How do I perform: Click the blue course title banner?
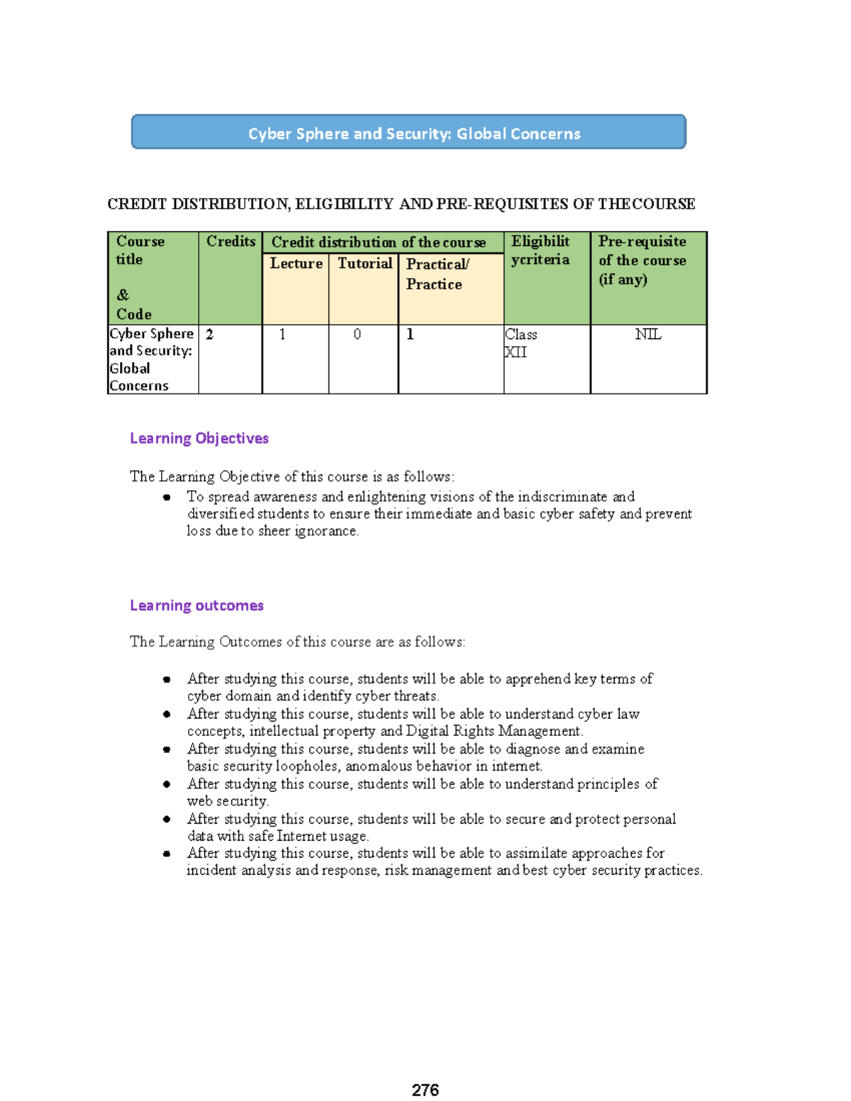(408, 133)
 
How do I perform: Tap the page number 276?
(425, 1090)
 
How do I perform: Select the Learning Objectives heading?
(199, 438)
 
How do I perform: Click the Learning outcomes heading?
(196, 605)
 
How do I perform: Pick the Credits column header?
(230, 242)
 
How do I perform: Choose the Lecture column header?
(296, 264)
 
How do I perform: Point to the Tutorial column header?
(365, 264)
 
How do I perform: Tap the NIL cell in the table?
(648, 335)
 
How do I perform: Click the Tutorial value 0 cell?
(357, 335)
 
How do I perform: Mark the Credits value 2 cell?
(210, 335)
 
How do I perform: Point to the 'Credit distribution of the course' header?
(379, 242)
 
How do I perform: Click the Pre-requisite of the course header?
(642, 260)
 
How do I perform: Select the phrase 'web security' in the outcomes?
(227, 801)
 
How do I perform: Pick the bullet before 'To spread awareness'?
(167, 497)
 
